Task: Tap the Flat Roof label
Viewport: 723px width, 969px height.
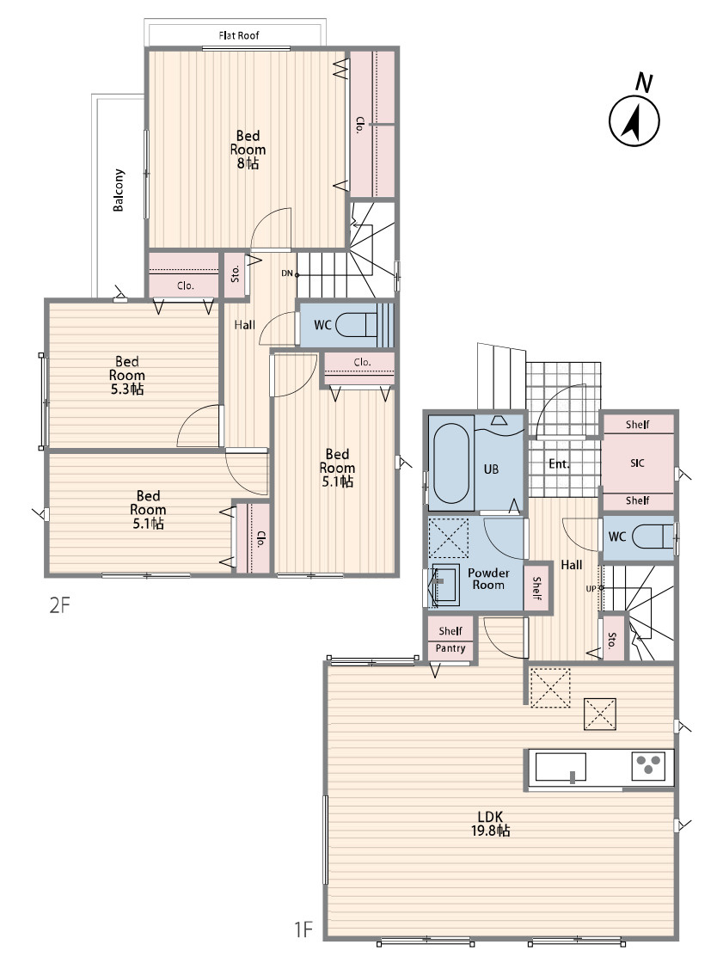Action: [x=238, y=35]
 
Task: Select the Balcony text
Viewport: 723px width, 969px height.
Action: [x=118, y=190]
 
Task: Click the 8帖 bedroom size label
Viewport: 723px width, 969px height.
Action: [x=248, y=163]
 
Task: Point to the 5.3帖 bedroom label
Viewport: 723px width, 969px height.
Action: [x=127, y=389]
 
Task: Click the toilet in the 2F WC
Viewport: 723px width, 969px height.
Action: [x=358, y=324]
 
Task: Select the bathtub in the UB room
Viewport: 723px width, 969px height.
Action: [x=450, y=463]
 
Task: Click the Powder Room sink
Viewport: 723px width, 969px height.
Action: [x=445, y=584]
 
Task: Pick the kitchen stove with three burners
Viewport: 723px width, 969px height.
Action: [x=648, y=766]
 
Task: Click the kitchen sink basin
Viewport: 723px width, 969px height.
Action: [x=561, y=767]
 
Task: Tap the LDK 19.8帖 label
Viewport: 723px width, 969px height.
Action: [x=491, y=824]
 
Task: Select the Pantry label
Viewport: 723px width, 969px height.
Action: [x=450, y=648]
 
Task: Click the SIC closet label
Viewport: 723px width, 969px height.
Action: [x=637, y=463]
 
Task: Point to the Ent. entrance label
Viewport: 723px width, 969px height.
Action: [x=560, y=464]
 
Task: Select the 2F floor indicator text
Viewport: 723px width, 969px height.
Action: [x=60, y=605]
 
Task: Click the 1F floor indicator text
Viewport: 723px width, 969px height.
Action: [x=303, y=929]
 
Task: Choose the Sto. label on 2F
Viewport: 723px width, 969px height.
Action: [x=236, y=273]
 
